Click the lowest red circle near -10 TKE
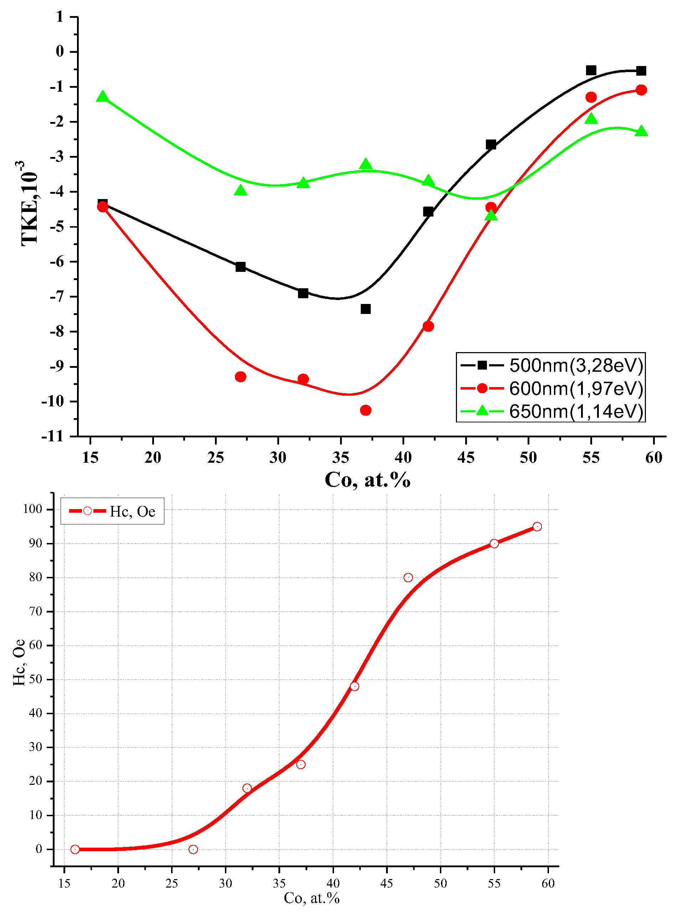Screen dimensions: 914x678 [x=366, y=410]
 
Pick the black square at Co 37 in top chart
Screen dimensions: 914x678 [x=366, y=309]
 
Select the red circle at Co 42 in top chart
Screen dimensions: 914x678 [x=428, y=326]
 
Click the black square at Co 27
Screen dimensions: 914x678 [x=241, y=266]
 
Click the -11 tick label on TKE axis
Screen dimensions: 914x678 [x=52, y=436]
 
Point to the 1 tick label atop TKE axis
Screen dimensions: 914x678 [x=60, y=17]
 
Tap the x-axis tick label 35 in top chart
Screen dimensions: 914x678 [x=340, y=457]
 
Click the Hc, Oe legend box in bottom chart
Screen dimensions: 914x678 [x=112, y=511]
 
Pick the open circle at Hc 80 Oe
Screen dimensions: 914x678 [x=408, y=578]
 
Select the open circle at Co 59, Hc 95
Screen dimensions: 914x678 [x=537, y=527]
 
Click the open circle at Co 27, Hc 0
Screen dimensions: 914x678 [x=193, y=849]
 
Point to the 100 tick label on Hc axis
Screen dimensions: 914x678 [x=33, y=509]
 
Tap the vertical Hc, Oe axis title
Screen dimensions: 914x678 [x=19, y=662]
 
